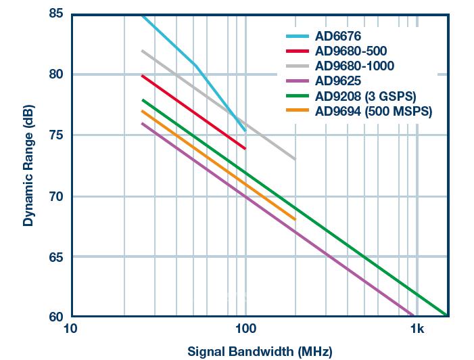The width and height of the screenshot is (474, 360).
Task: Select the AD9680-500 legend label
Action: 351,51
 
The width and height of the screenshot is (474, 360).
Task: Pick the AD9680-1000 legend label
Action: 354,66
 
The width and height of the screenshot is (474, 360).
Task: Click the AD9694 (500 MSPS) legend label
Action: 373,111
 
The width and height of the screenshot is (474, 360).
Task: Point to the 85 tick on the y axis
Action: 57,14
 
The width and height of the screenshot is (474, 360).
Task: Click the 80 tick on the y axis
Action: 57,74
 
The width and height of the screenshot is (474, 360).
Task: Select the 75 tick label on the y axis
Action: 57,135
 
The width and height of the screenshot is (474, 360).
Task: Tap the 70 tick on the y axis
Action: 57,196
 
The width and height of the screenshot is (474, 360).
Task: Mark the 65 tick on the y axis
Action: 57,257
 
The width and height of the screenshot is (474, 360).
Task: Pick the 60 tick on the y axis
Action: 57,317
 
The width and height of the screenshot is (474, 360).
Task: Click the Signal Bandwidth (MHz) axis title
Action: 260,351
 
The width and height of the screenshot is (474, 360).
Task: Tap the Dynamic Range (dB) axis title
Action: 28,165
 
